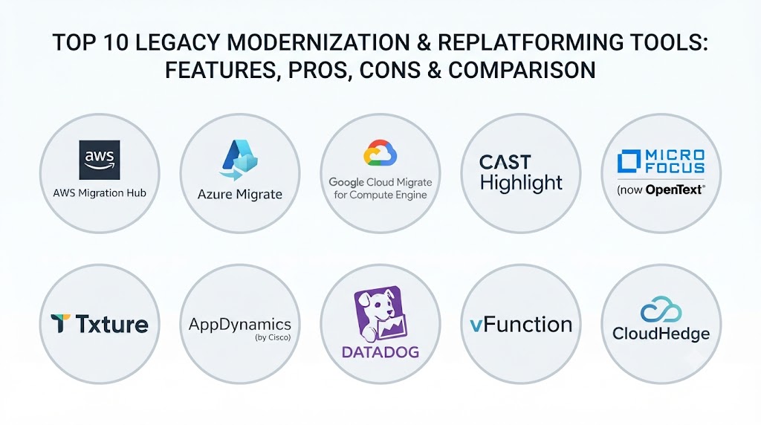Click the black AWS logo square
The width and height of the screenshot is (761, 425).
[100, 160]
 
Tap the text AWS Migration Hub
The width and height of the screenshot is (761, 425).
[100, 193]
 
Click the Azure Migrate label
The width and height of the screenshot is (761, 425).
[240, 195]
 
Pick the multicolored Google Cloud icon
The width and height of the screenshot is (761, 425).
[380, 153]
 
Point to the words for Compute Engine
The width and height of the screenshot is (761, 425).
[380, 195]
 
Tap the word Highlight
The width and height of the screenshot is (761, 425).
[521, 183]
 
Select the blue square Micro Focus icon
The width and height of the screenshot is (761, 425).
[629, 161]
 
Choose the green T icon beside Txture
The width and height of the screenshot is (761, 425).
[61, 324]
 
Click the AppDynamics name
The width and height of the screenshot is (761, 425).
[240, 324]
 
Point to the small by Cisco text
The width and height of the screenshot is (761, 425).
[273, 337]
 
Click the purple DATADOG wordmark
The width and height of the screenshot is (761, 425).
[380, 351]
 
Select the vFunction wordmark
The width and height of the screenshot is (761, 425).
[521, 325]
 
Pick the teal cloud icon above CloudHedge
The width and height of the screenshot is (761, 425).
[661, 310]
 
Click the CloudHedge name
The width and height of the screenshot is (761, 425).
[661, 334]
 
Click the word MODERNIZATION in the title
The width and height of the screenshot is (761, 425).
[318, 42]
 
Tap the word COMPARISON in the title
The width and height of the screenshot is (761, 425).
[522, 70]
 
